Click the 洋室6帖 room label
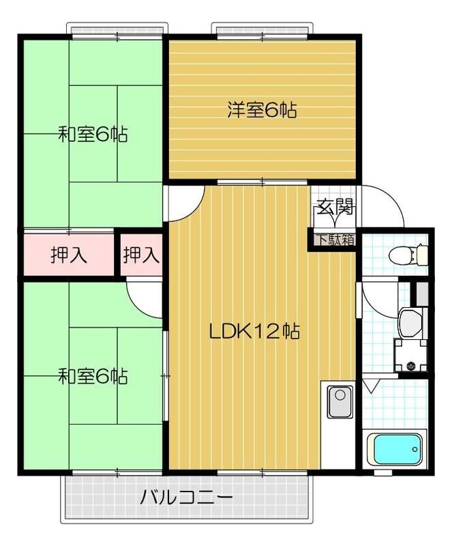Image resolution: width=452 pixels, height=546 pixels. click(262, 111)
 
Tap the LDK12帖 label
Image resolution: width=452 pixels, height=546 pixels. click(254, 332)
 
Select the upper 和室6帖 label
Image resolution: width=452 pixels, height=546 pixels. click(93, 134)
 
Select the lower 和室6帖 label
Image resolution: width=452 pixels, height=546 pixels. click(93, 376)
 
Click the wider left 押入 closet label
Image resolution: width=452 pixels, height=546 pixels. click(69, 256)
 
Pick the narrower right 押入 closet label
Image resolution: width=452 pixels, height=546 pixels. click(142, 256)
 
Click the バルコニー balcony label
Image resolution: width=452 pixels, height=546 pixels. click(187, 497)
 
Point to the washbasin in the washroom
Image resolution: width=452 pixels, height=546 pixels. click(411, 322)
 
